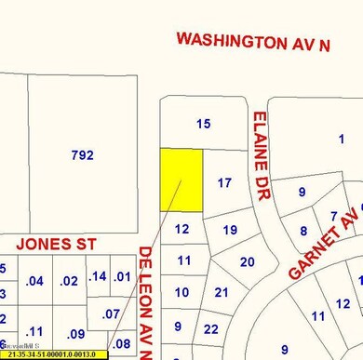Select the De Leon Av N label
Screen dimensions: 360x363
(x=146, y=302)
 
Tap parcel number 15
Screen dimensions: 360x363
(x=205, y=123)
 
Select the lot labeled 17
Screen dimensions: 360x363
(x=223, y=183)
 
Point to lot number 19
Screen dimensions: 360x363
(x=231, y=229)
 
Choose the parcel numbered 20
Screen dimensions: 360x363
(x=247, y=262)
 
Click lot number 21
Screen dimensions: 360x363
(x=222, y=293)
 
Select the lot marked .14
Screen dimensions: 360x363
(x=97, y=276)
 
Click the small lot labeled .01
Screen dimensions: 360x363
(x=121, y=276)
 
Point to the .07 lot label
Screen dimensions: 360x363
(x=111, y=313)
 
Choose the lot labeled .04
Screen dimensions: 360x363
(x=35, y=281)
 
